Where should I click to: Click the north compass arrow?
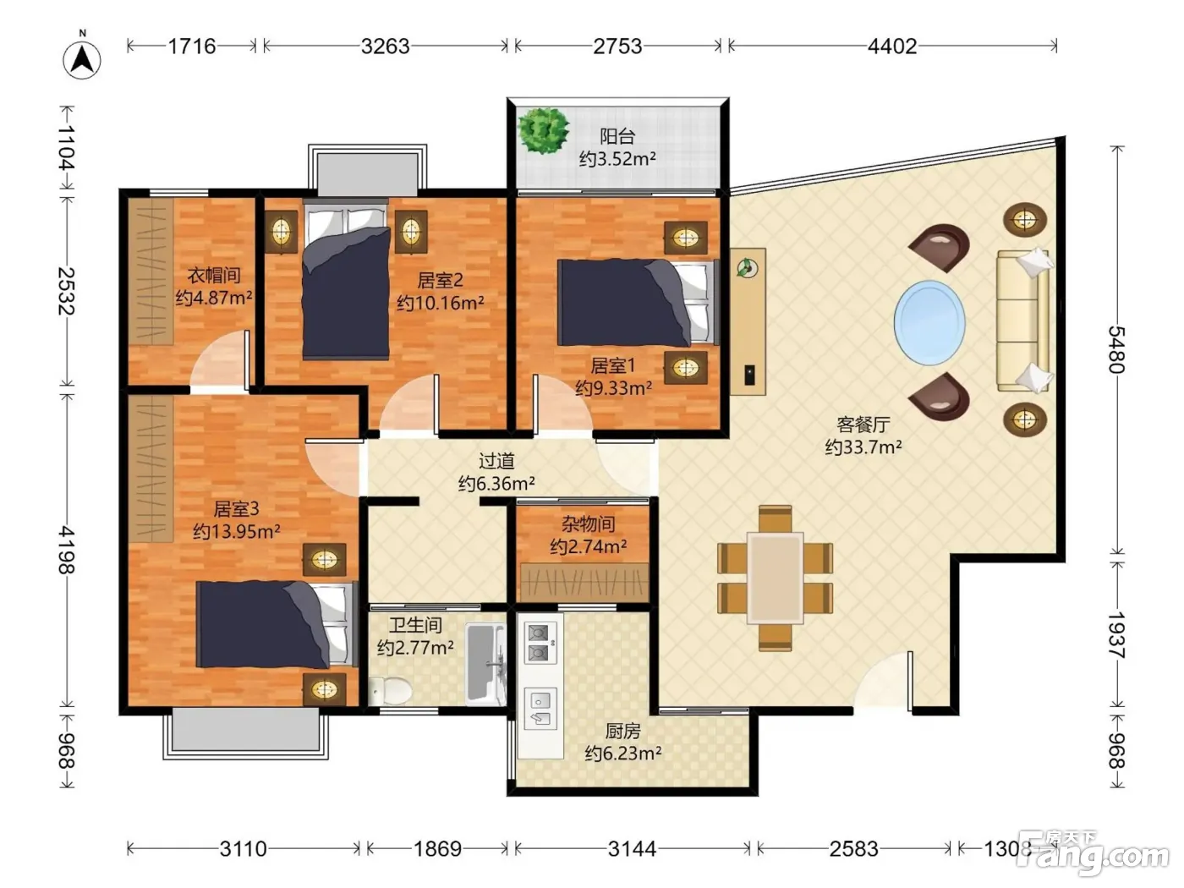pyautogui.click(x=82, y=59)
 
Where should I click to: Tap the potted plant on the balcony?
pyautogui.click(x=543, y=130)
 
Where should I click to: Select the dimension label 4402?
pyautogui.click(x=891, y=47)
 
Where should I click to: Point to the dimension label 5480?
pyautogui.click(x=1116, y=350)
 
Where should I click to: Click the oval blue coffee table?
pyautogui.click(x=929, y=323)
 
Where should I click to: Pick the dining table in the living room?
pyautogui.click(x=775, y=578)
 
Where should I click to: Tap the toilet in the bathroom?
pyautogui.click(x=391, y=691)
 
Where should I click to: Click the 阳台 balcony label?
pyautogui.click(x=617, y=136)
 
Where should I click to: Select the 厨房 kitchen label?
pyautogui.click(x=623, y=731)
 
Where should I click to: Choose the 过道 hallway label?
pyautogui.click(x=496, y=461)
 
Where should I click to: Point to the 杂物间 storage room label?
pyautogui.click(x=588, y=523)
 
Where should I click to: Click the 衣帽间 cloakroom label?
pyautogui.click(x=214, y=276)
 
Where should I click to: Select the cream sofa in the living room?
pyautogui.click(x=1023, y=321)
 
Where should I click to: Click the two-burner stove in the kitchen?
pyautogui.click(x=540, y=644)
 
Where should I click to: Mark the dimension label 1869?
pyautogui.click(x=437, y=849)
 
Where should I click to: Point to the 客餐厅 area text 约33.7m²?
pyautogui.click(x=863, y=447)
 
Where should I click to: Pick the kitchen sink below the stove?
pyautogui.click(x=540, y=709)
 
